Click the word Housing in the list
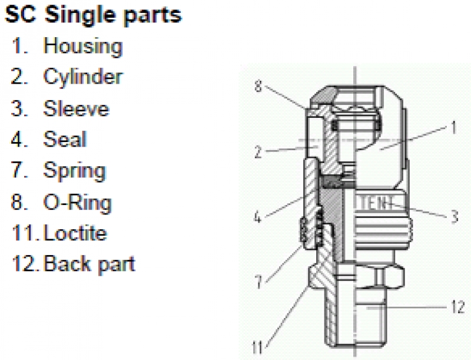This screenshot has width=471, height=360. [x=83, y=46]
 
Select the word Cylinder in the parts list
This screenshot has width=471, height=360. [x=83, y=77]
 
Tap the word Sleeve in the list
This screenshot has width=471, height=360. [x=76, y=108]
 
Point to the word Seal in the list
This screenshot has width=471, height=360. [x=65, y=140]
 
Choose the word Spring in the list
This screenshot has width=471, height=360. [x=75, y=171]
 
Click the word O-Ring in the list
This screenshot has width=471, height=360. [x=77, y=202]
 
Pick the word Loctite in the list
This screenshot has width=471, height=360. [x=75, y=233]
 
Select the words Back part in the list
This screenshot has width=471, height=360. [x=89, y=263]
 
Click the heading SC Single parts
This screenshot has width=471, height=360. [x=93, y=15]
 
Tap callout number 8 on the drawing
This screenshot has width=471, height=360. [x=258, y=86]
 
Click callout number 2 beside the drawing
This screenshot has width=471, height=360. [x=258, y=153]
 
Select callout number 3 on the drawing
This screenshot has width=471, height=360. [x=454, y=217]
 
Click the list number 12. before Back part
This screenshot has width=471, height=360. [x=26, y=263]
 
